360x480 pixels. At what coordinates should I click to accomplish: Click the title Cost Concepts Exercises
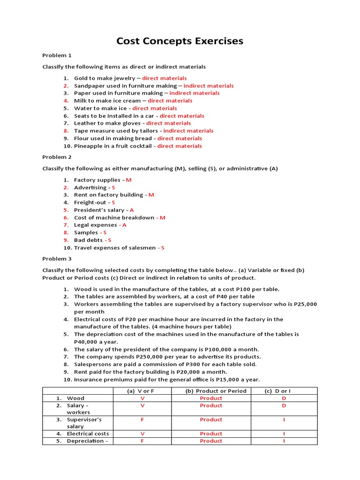180,41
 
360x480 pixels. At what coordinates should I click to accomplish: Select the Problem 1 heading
57,55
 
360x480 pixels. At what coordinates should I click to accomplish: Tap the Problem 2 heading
57,157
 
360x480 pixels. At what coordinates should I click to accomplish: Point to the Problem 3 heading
57,259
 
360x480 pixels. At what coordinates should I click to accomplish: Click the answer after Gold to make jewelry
164,78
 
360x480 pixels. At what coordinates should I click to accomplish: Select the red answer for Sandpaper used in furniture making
209,86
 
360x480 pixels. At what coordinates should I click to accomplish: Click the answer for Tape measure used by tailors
188,131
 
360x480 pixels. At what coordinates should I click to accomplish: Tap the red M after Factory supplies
129,180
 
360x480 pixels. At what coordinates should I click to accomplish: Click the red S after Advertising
113,187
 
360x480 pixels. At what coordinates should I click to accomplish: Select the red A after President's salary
132,210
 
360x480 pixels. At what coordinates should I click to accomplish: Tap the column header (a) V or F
142,391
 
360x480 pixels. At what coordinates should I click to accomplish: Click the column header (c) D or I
284,391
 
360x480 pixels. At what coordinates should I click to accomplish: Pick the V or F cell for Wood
142,398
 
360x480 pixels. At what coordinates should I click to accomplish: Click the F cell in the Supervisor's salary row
142,420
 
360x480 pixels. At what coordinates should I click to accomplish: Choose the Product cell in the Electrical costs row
211,434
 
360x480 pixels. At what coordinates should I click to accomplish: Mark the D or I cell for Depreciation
284,441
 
